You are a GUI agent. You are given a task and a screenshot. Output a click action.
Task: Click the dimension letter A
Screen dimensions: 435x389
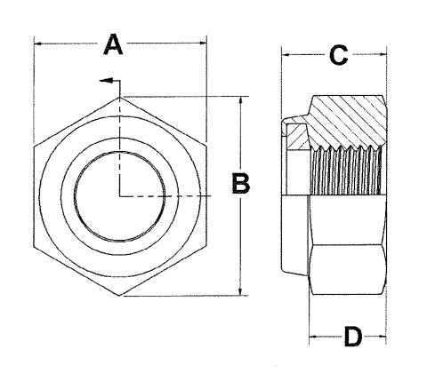[x=113, y=44]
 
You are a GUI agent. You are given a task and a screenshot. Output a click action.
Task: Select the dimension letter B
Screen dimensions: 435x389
[x=241, y=184]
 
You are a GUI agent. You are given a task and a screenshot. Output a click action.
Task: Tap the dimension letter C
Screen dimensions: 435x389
[x=338, y=55]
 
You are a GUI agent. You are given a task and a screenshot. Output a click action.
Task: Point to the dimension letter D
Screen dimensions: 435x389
[x=353, y=337]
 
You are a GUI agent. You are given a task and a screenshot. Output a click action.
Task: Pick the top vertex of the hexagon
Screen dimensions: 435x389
[x=120, y=97]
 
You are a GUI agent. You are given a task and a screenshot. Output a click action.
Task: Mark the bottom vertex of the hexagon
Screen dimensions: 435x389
[x=119, y=295]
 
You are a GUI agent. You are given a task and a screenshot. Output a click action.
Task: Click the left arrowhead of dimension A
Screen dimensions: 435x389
[x=38, y=44]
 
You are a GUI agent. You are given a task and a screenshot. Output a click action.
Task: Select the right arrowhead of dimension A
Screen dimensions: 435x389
[x=203, y=44]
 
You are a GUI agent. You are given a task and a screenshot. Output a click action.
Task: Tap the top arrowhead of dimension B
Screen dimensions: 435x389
[x=241, y=101]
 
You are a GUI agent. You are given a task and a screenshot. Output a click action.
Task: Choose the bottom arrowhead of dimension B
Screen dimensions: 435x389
[x=240, y=290]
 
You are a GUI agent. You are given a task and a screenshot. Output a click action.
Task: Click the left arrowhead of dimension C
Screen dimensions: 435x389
[x=286, y=55]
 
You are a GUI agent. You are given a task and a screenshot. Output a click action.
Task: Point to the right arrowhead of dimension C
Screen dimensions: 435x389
[x=383, y=54]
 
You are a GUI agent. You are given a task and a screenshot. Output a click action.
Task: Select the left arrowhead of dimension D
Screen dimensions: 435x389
[x=313, y=337]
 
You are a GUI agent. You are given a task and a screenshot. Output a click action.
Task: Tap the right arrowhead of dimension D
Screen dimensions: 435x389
[x=382, y=337]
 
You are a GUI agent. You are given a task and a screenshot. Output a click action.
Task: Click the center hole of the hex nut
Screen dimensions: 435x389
[x=120, y=196]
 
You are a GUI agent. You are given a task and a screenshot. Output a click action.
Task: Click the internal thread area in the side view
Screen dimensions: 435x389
[x=346, y=171]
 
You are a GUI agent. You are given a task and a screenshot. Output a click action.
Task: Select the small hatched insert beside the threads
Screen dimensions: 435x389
[x=297, y=137]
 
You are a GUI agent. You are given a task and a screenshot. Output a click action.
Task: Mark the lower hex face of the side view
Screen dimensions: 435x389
[x=348, y=269]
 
